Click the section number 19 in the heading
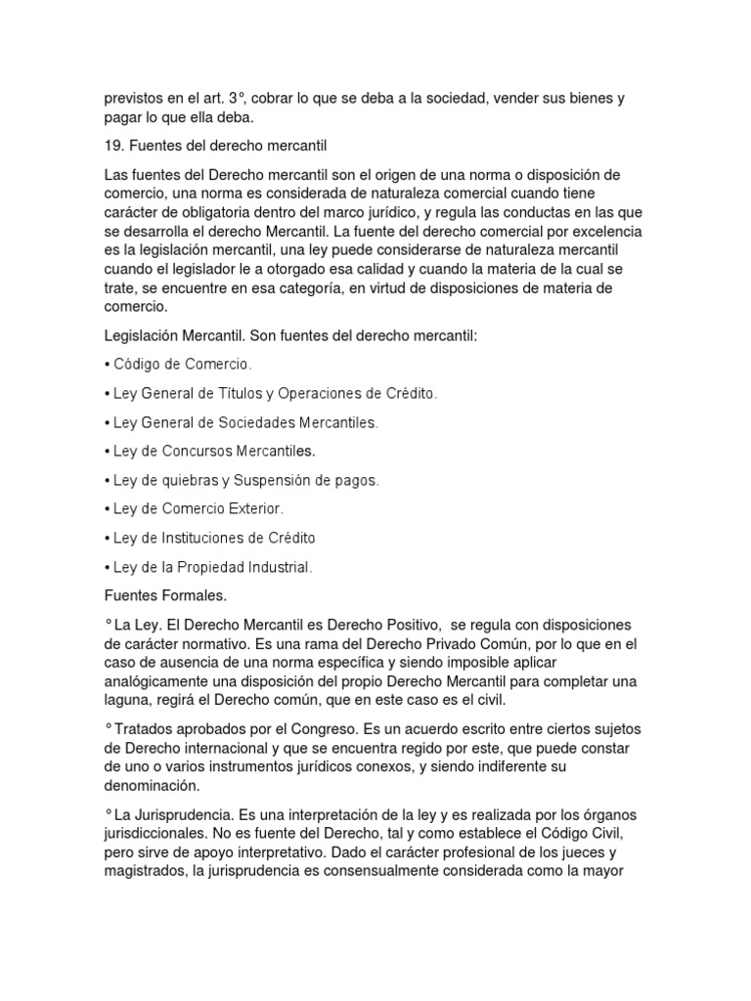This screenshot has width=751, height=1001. click(112, 146)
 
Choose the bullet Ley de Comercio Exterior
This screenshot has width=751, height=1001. click(199, 509)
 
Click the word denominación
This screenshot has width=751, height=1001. click(151, 785)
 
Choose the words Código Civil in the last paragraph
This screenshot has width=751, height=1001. click(601, 833)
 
